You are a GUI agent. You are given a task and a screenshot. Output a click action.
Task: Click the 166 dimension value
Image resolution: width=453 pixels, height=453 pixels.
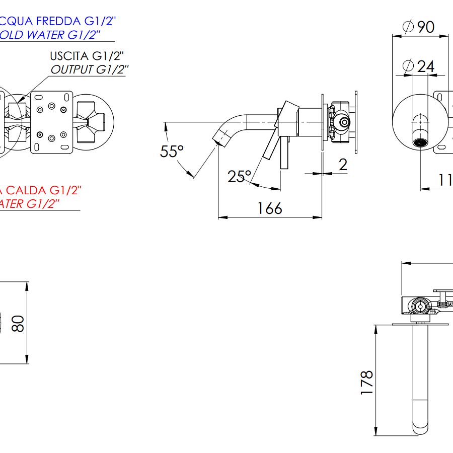270,208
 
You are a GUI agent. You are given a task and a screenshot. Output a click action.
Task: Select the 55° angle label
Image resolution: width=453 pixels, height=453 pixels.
172,151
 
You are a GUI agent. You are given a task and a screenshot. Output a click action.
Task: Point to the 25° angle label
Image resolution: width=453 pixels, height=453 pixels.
239,176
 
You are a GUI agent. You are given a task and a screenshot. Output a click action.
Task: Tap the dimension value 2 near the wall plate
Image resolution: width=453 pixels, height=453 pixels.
342,164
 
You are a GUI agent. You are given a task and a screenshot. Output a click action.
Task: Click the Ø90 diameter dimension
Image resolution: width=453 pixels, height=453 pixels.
419,27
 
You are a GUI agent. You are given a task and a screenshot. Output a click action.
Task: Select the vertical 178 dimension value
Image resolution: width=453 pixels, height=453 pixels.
367,382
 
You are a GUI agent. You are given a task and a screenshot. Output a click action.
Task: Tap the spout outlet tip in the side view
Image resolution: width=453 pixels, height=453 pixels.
219,136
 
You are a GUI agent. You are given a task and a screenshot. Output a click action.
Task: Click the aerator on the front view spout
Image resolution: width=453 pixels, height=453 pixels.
421,142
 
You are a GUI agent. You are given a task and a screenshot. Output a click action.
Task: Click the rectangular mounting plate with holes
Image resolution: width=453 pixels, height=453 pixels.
51,122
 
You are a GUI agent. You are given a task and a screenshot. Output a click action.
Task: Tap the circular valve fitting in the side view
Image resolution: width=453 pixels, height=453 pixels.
344,122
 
